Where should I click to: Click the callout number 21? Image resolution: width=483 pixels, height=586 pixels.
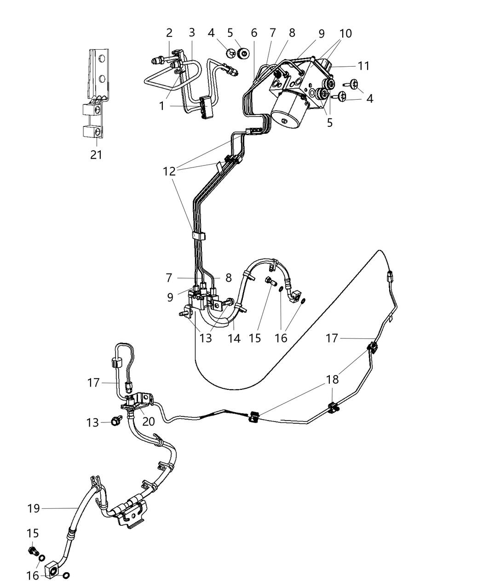[96, 155]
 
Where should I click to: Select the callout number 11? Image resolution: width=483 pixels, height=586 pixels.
[363, 66]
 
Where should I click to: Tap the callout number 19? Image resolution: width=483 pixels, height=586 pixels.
[34, 508]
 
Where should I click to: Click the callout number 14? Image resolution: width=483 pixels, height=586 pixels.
[234, 338]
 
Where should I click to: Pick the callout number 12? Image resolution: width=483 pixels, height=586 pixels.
[169, 171]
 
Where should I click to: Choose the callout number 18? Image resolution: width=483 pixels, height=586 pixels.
[332, 379]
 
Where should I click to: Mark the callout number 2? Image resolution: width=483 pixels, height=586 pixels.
[169, 33]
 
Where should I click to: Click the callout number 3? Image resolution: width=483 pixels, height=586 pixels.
[192, 33]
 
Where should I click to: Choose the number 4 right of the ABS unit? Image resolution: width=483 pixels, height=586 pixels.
[370, 98]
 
